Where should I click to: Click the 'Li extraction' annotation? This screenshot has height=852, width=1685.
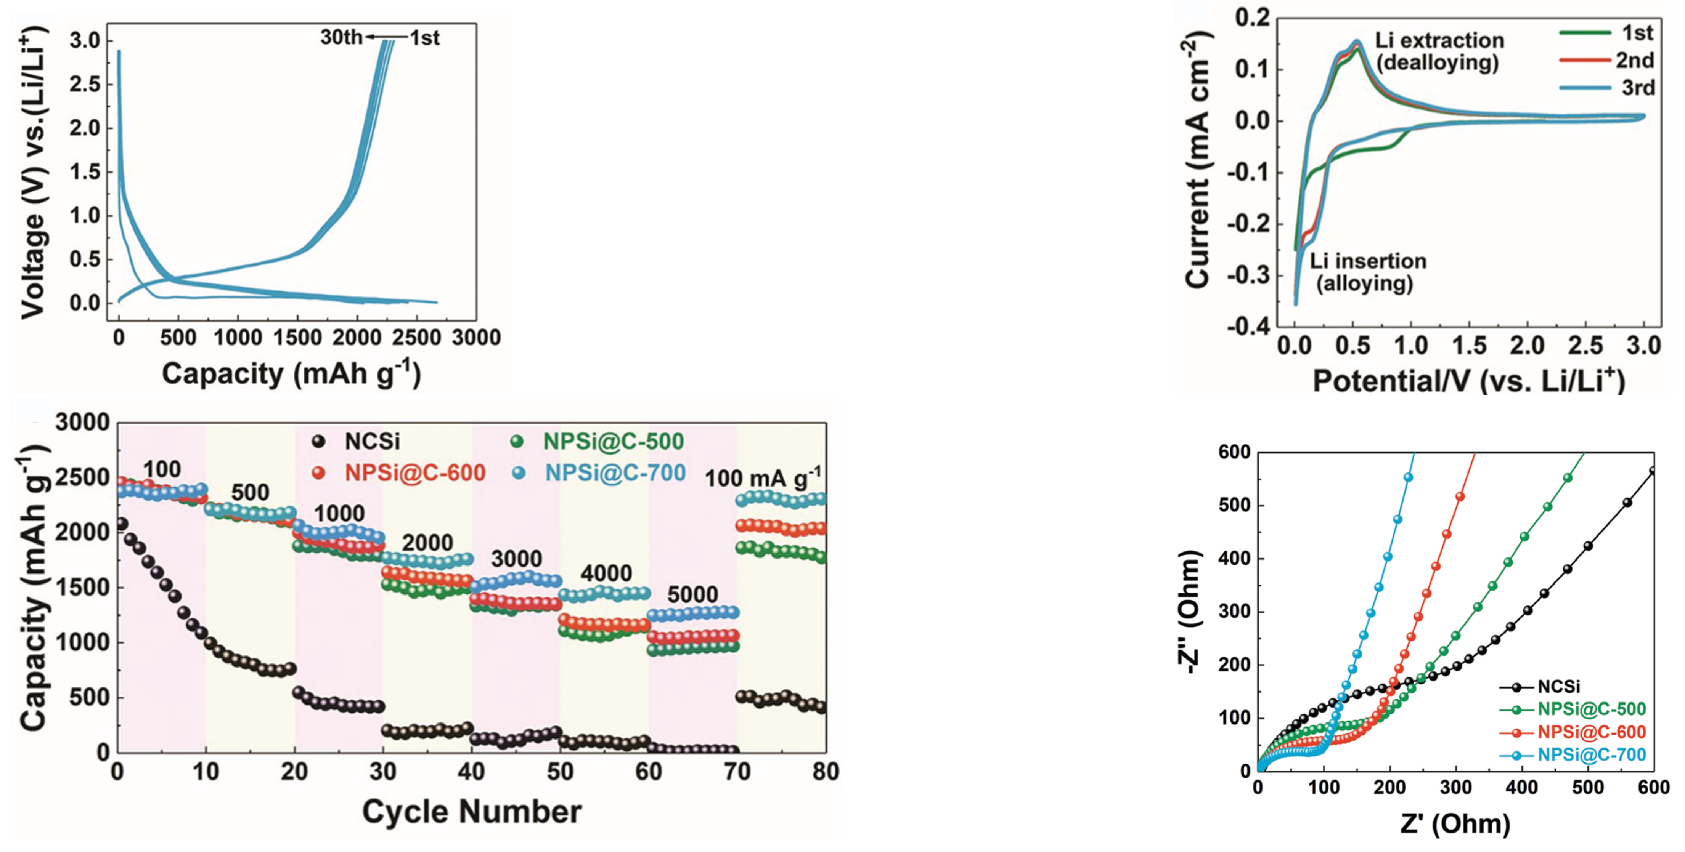point(1439,40)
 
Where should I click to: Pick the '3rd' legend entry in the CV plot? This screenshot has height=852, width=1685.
point(1638,88)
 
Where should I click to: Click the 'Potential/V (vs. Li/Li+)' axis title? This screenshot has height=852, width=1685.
point(1468,381)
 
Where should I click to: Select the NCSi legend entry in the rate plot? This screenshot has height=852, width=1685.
point(371,441)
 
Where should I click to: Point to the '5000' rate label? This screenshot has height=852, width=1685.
point(692,594)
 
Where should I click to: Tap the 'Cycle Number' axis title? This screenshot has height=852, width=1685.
point(472,812)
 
